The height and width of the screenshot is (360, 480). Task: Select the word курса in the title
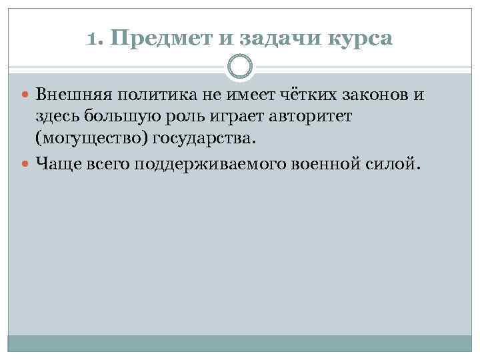(x=360, y=39)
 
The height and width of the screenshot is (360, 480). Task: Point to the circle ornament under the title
(x=240, y=67)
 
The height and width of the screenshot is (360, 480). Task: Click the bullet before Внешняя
(x=28, y=95)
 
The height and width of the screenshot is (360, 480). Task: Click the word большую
(x=115, y=117)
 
